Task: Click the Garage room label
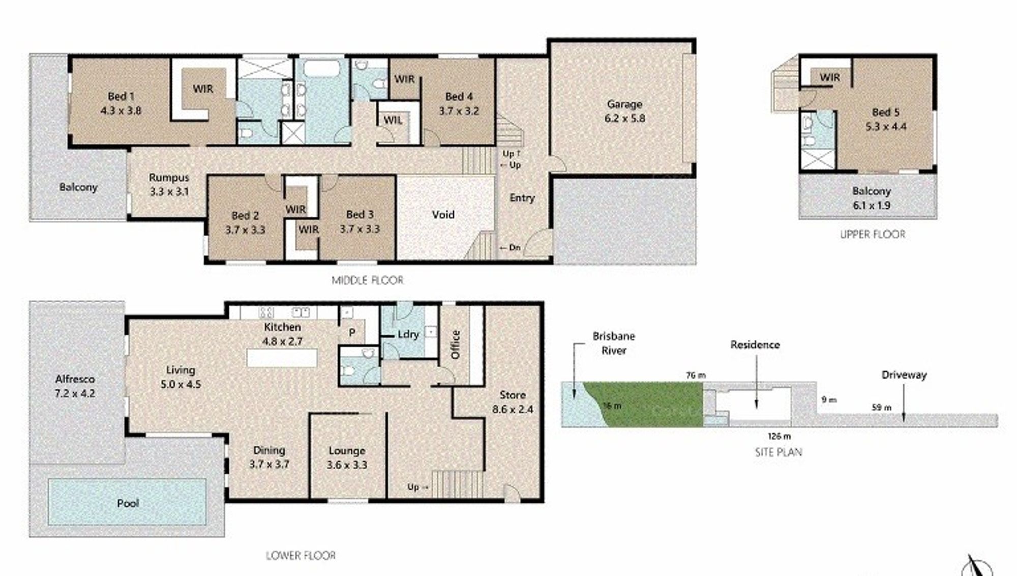pos(624,104)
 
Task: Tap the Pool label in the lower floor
pos(128,503)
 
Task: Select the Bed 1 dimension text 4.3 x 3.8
pos(121,110)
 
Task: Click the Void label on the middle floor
pos(443,215)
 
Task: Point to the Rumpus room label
pos(169,178)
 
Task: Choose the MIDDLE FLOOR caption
pos(368,280)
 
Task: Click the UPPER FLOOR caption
pos(873,235)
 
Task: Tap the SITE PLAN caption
pos(779,452)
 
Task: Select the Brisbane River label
pos(614,343)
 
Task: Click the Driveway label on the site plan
pos(904,375)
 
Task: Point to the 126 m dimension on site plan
pos(779,436)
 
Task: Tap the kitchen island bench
pos(282,358)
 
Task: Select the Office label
pos(456,344)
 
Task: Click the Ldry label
pos(408,334)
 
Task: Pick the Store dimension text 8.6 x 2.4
pos(513,409)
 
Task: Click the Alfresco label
pos(75,379)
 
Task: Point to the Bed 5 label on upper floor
pos(886,112)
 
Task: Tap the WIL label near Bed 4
pos(393,120)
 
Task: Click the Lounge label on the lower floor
pos(347,451)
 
